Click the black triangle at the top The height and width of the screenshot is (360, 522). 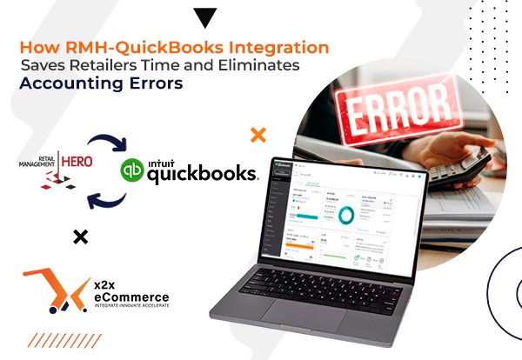tap(205, 17)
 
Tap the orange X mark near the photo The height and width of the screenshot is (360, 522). tap(258, 134)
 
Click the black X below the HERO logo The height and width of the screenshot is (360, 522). tap(80, 236)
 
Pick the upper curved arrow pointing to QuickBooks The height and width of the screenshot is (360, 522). tap(112, 142)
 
